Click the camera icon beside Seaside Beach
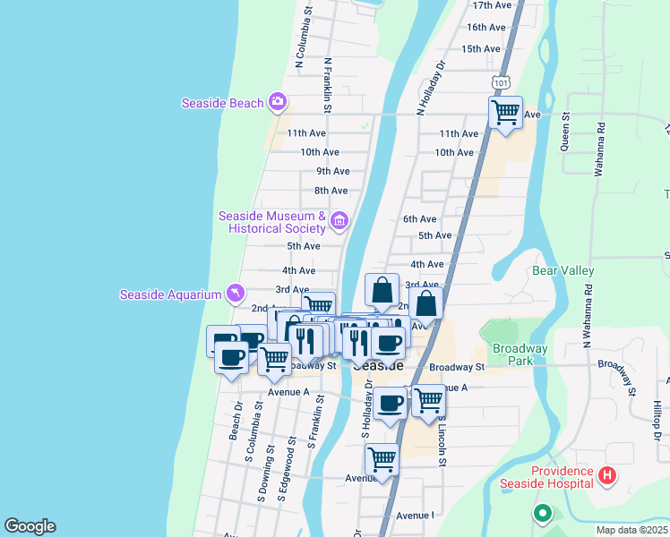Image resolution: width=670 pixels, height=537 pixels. click(279, 102)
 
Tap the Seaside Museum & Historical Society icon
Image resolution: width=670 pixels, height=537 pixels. click(339, 220)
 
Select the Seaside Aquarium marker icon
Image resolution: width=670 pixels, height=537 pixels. click(235, 294)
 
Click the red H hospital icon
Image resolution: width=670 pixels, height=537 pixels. click(608, 474)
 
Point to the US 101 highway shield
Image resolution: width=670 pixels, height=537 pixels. click(501, 82)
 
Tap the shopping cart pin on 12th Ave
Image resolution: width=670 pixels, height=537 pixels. click(506, 114)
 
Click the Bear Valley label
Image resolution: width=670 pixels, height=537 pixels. click(563, 269)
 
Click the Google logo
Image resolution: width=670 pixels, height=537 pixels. click(30, 526)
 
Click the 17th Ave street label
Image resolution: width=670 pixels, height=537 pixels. click(494, 5)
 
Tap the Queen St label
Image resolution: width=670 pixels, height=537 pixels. click(566, 131)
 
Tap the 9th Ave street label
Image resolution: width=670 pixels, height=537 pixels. click(332, 171)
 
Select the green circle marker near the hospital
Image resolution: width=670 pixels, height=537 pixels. click(541, 514)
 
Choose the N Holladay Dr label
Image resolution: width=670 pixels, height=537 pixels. click(429, 87)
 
